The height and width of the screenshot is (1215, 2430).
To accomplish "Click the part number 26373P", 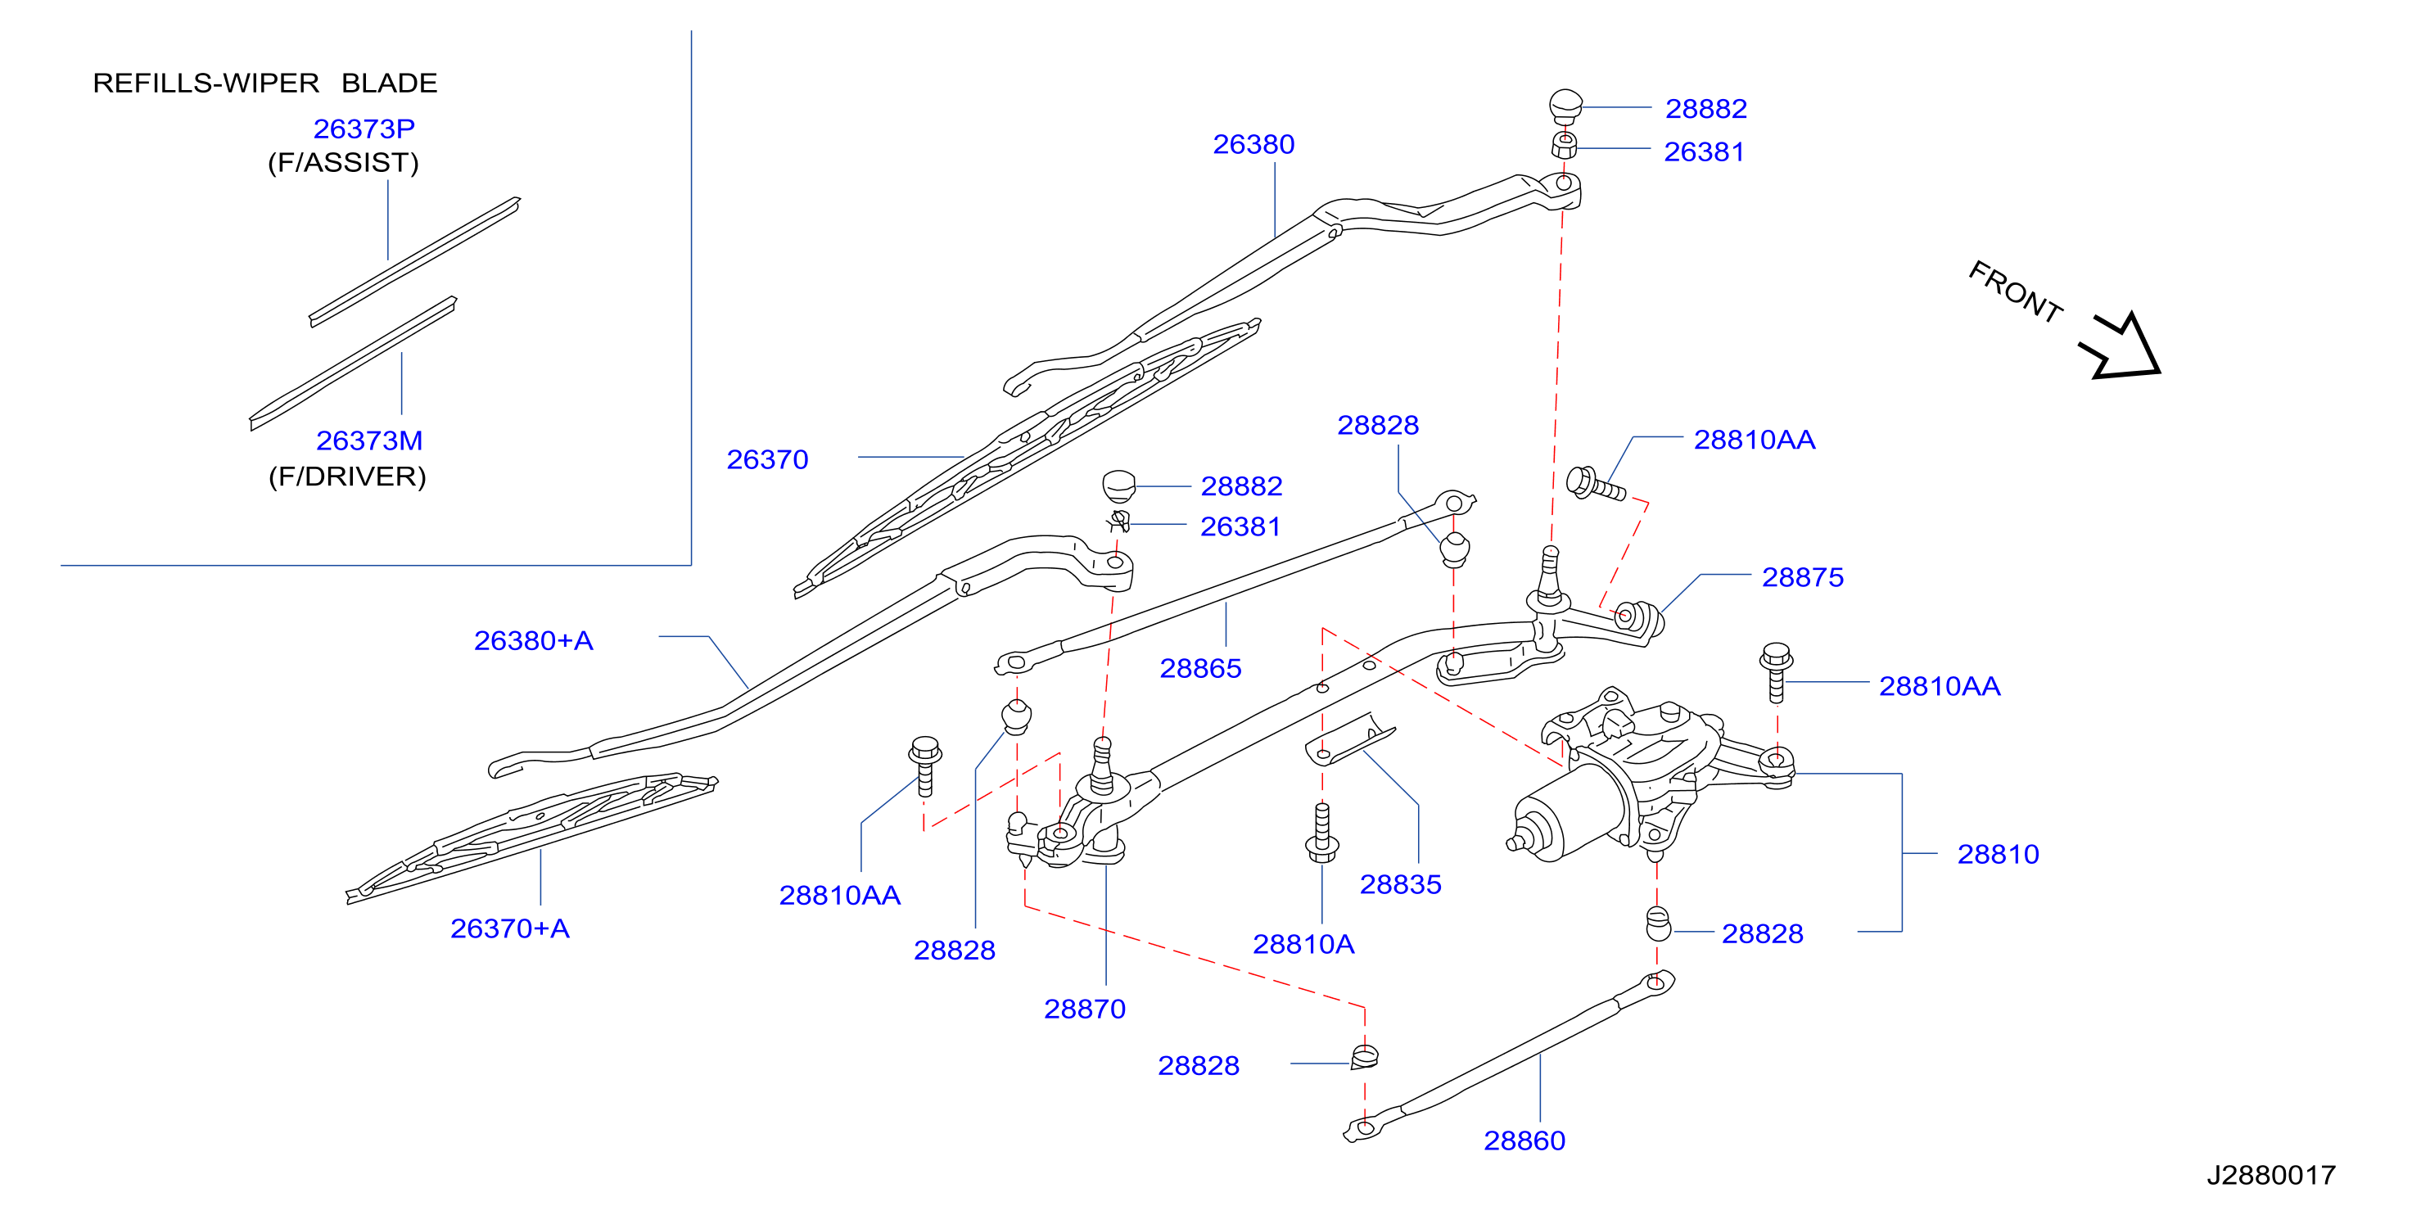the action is (x=364, y=129).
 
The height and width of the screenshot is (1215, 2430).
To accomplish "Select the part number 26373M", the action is (x=368, y=440).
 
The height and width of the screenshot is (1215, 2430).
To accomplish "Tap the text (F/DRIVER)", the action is (x=347, y=477).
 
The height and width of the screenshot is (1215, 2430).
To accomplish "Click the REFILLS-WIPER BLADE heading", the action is (x=265, y=83).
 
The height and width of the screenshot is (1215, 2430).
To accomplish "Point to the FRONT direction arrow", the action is (x=2122, y=346).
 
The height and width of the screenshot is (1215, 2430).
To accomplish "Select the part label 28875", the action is (x=1803, y=577).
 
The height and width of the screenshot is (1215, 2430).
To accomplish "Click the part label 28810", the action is (x=1998, y=855).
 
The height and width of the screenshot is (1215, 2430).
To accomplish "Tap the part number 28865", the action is (x=1200, y=669).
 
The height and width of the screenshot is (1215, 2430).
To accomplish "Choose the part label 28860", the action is (x=1524, y=1141).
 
